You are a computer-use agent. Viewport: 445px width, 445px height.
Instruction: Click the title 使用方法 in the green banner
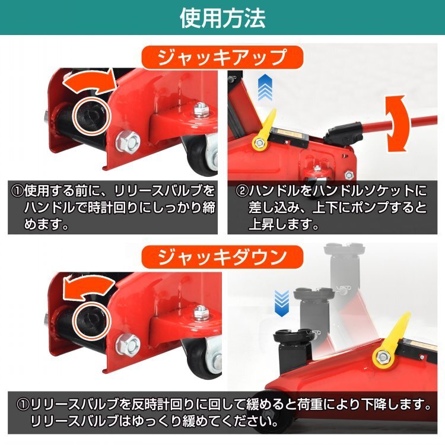(x=223, y=18)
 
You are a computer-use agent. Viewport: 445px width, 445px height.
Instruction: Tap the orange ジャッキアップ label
(x=223, y=58)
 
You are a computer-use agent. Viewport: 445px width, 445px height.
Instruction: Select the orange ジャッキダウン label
(x=223, y=257)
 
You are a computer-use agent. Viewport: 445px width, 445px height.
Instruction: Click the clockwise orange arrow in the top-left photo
(x=90, y=82)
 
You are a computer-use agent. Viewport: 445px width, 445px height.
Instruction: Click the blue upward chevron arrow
(x=265, y=88)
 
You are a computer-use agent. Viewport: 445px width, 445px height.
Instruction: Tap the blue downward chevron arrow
(x=281, y=303)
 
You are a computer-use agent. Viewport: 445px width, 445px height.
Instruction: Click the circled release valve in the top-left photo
(x=91, y=115)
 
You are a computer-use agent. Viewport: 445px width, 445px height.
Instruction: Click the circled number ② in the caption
(x=242, y=191)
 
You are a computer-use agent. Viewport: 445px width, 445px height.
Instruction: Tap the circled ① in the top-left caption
(x=17, y=191)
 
